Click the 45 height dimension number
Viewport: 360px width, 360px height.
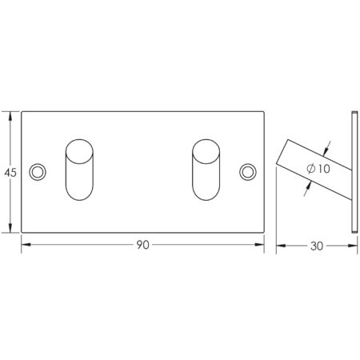(10, 172)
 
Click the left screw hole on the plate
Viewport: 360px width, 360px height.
(38, 171)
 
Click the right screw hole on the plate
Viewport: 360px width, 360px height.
(249, 171)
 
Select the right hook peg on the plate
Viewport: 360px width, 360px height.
(207, 169)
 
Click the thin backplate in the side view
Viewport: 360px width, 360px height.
(353, 171)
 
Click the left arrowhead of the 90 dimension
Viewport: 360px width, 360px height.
(24, 246)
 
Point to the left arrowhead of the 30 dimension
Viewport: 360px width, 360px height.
(280, 246)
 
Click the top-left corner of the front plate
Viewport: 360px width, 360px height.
(21, 110)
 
